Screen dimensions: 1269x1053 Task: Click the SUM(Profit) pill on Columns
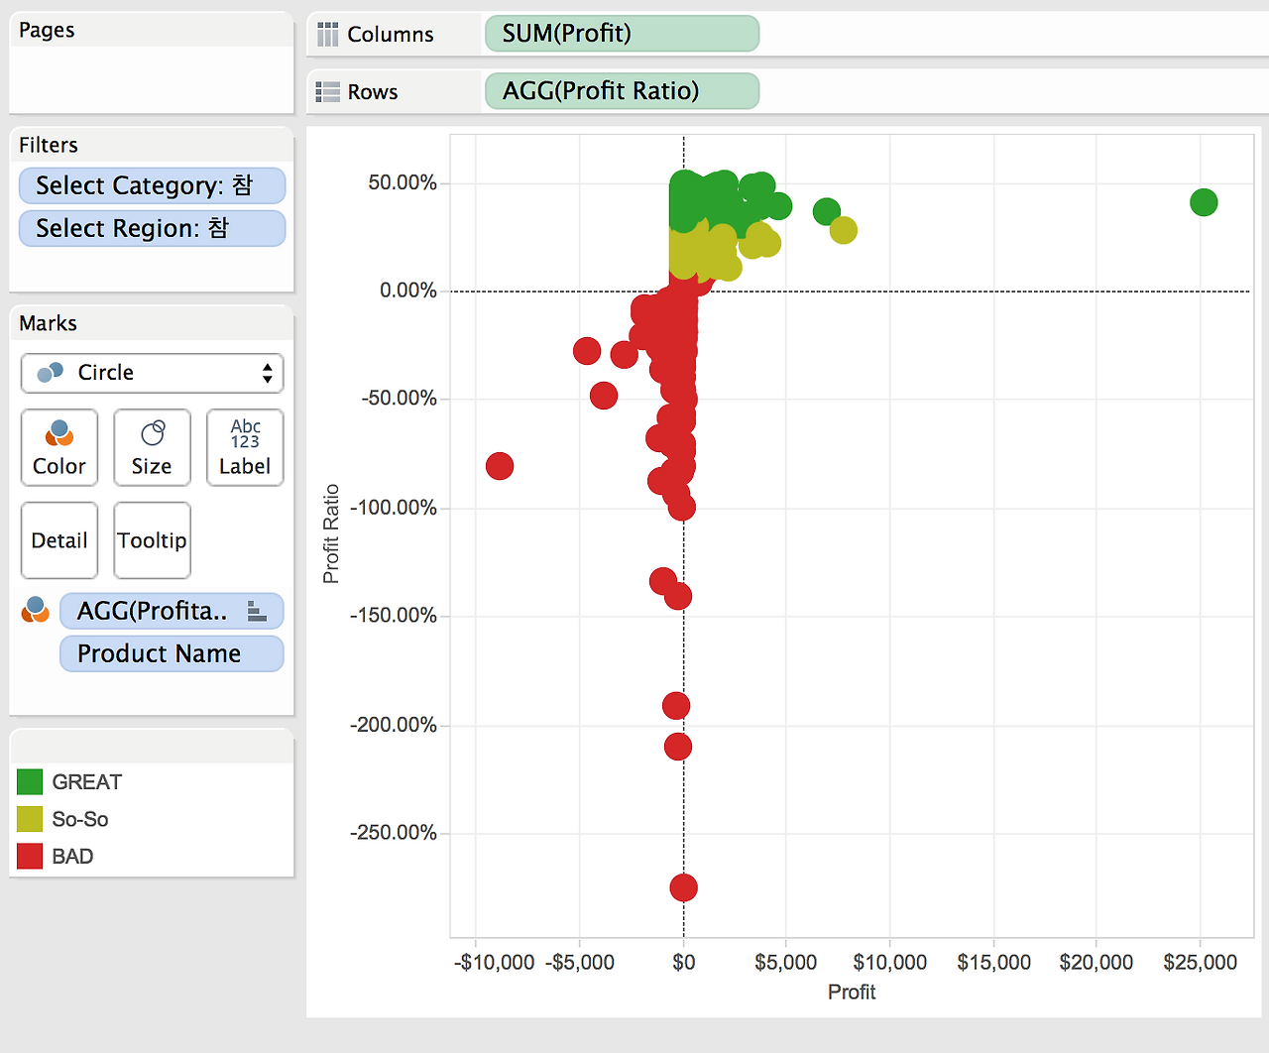click(622, 34)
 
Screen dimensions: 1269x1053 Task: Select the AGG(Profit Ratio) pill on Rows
click(622, 91)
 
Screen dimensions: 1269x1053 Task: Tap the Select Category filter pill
click(152, 185)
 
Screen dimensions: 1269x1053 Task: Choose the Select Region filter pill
click(152, 229)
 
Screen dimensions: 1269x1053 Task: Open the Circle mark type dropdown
click(152, 373)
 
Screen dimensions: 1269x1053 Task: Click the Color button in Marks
click(58, 447)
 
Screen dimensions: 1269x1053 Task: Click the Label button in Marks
click(245, 447)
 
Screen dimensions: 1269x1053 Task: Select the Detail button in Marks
click(58, 539)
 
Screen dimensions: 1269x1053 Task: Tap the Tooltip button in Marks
click(152, 539)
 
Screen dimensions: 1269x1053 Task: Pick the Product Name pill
click(172, 653)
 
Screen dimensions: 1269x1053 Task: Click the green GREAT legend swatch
click(30, 782)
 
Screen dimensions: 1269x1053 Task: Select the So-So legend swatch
click(30, 819)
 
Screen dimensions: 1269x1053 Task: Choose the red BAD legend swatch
click(30, 856)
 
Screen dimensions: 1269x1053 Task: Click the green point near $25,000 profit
click(1204, 202)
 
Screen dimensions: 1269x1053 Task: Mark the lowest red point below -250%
click(683, 887)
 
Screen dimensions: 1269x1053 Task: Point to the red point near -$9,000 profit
click(500, 466)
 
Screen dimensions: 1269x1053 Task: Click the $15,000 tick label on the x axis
click(993, 962)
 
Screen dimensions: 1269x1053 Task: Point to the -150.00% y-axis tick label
click(394, 616)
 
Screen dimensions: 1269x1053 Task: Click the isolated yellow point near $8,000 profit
click(843, 230)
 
